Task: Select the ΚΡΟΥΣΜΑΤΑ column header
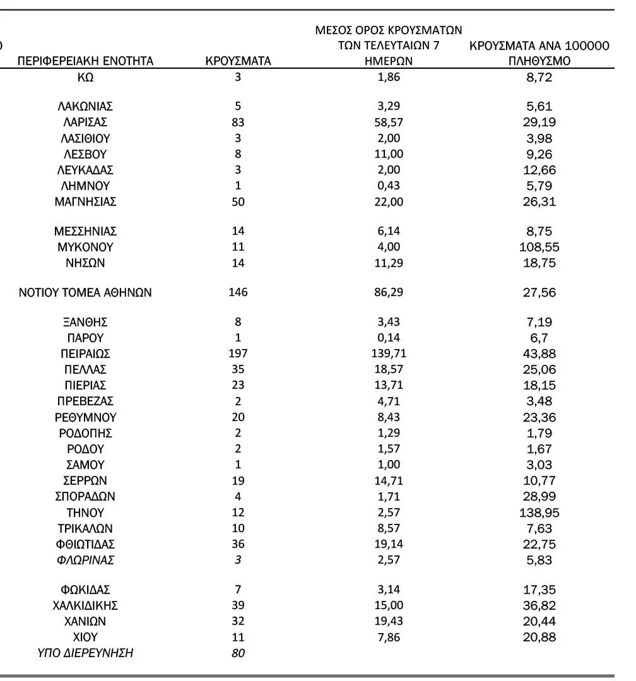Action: click(238, 61)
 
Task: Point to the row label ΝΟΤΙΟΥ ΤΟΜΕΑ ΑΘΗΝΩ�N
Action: click(85, 292)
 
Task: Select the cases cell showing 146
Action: click(238, 292)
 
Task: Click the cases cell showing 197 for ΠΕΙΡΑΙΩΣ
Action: click(238, 353)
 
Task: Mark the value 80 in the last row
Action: click(238, 653)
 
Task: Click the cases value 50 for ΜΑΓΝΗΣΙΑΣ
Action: click(238, 202)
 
